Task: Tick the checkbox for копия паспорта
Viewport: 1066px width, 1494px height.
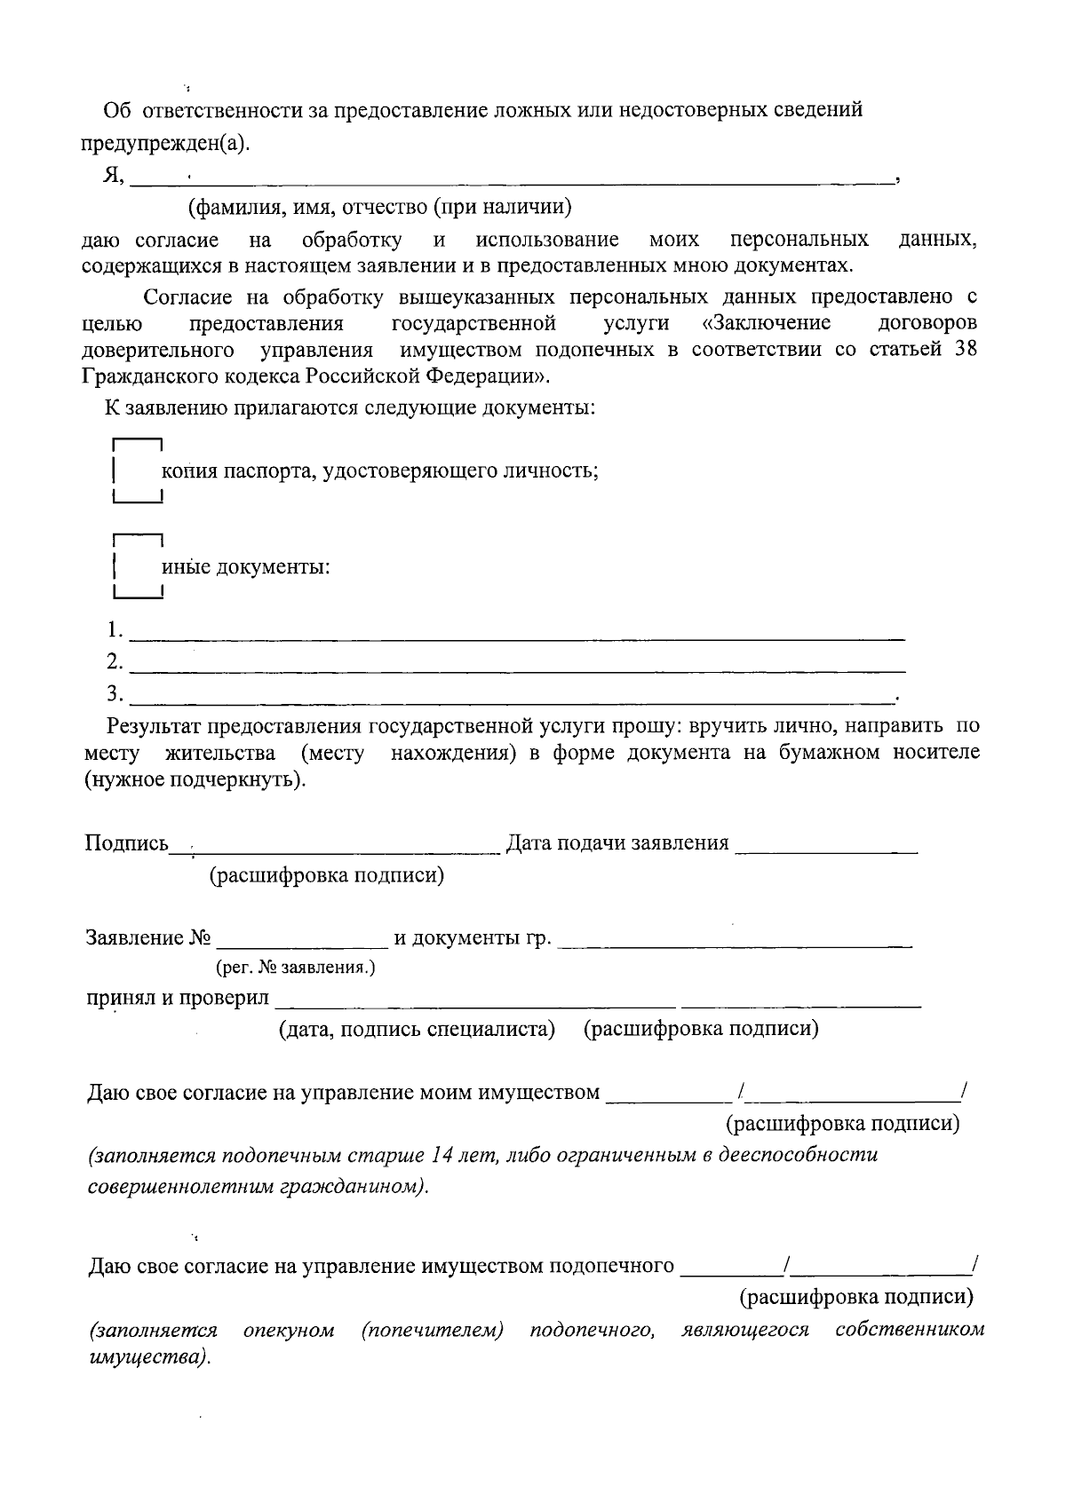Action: tap(137, 471)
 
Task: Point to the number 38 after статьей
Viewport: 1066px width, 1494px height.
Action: tap(965, 349)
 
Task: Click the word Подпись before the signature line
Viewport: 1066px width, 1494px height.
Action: tap(126, 843)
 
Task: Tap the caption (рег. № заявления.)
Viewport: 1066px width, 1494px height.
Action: tap(296, 968)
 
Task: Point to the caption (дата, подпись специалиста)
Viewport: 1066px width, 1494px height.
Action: tap(417, 1029)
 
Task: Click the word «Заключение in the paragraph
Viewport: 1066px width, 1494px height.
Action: tap(766, 321)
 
